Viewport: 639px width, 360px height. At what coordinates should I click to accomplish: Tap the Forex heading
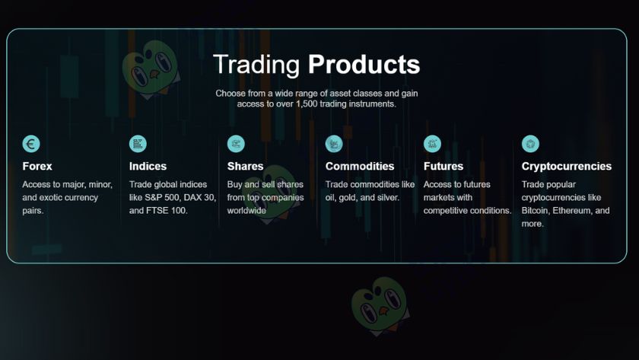click(x=37, y=166)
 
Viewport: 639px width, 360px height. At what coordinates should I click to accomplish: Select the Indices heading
click(x=148, y=166)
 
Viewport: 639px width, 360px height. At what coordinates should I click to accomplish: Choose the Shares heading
click(x=245, y=166)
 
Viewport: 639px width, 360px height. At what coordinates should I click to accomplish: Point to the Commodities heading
click(x=360, y=166)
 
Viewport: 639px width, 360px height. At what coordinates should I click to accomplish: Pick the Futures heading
click(x=443, y=166)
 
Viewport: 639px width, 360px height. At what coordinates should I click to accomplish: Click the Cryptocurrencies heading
click(x=567, y=166)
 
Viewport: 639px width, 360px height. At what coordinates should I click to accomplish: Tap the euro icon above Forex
click(x=31, y=144)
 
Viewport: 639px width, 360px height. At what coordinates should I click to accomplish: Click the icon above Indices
click(x=138, y=144)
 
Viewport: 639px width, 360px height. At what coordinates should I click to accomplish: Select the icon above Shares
click(x=236, y=144)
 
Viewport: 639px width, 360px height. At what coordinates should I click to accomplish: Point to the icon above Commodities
click(x=334, y=144)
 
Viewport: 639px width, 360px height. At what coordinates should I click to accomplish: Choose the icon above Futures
click(x=432, y=144)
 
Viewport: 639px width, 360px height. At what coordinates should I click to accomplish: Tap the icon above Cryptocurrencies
click(x=530, y=144)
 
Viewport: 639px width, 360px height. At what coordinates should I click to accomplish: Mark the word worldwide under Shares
click(x=246, y=210)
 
